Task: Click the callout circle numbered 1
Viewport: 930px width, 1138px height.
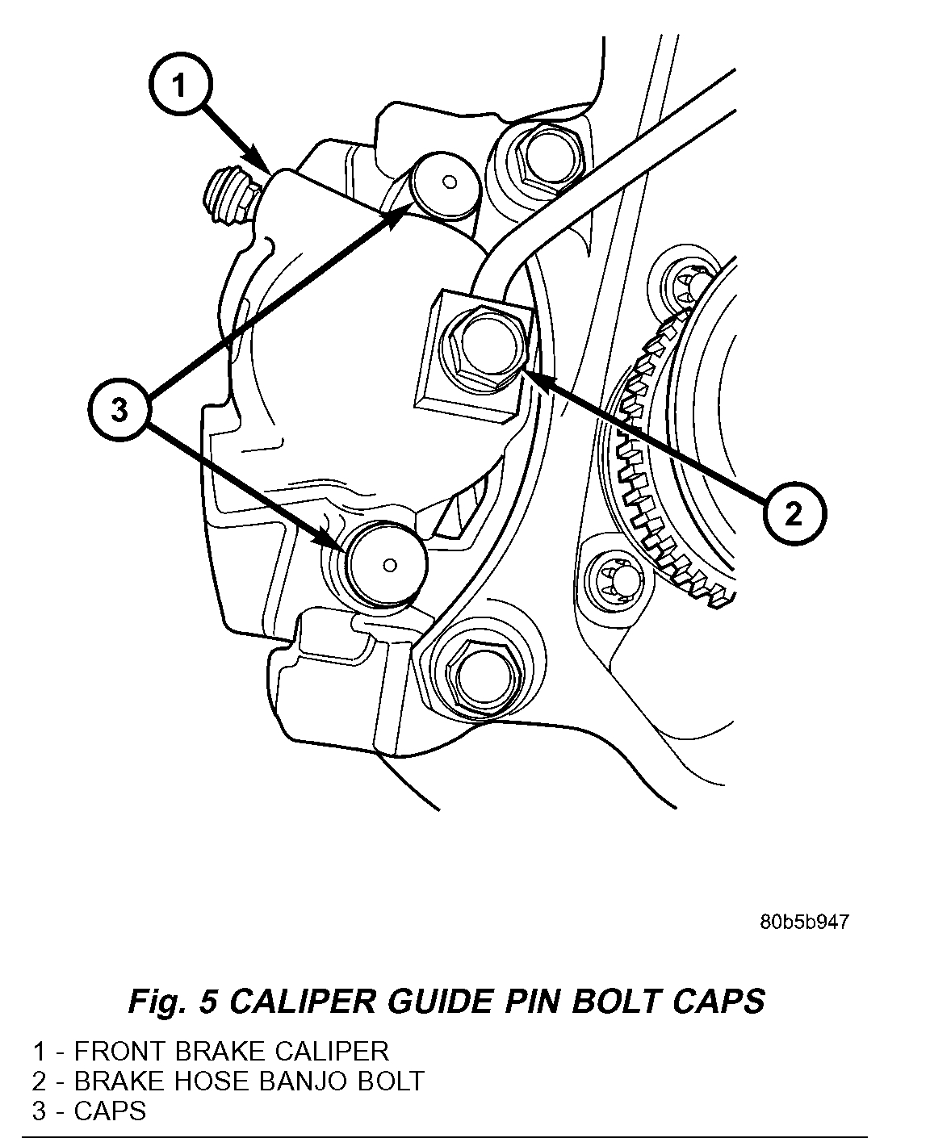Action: click(179, 86)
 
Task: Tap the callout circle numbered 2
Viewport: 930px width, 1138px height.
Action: click(794, 513)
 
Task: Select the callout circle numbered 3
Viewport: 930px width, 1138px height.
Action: click(119, 411)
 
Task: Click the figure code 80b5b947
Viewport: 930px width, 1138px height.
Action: click(803, 922)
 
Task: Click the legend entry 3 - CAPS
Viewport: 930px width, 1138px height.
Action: click(90, 1111)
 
